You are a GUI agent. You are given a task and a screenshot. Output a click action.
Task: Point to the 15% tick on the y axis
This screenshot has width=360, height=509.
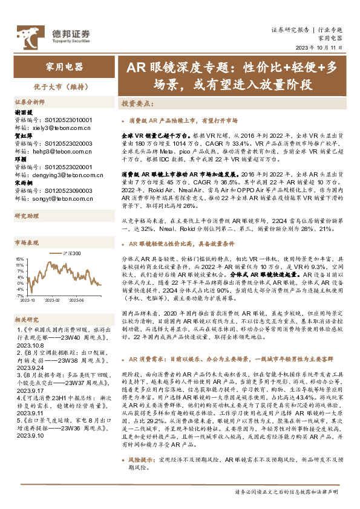20,258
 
